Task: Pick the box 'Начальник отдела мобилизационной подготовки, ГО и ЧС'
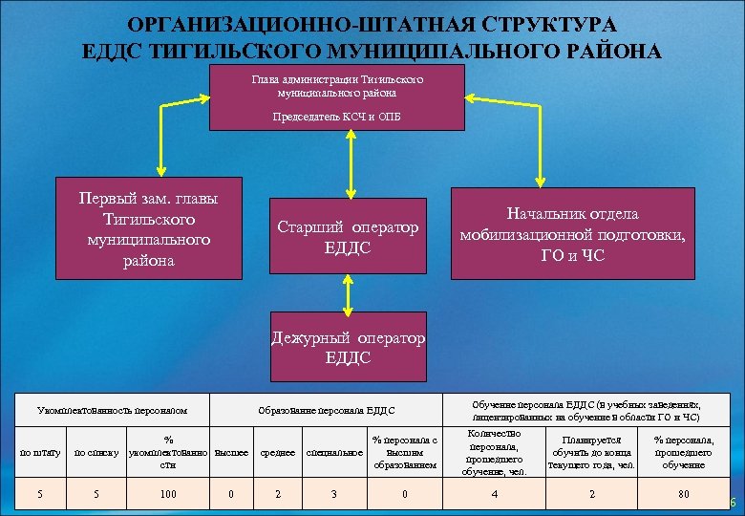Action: [572, 235]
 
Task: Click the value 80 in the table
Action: [684, 494]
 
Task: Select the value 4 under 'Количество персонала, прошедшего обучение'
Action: [494, 494]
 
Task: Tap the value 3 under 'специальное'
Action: [334, 494]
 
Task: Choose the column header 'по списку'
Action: [96, 452]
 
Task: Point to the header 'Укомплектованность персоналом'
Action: [112, 411]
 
